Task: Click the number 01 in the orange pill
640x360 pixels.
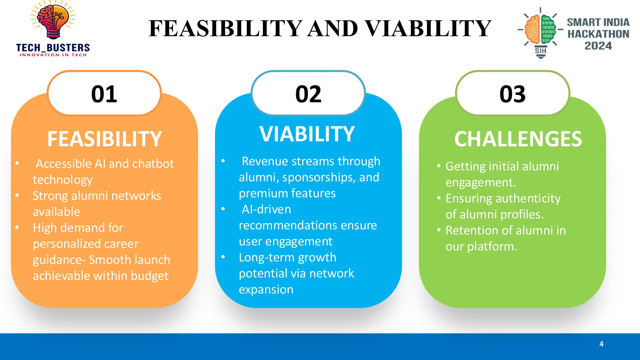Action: click(104, 94)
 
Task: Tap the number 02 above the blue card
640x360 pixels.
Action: click(308, 94)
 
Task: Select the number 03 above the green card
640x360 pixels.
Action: click(512, 94)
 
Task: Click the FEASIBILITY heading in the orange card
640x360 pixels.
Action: click(104, 139)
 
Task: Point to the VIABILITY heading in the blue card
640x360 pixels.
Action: click(307, 134)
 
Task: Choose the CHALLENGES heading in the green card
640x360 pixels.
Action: click(518, 139)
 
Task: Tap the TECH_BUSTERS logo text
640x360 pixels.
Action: click(53, 48)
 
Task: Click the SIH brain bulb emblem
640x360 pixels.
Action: click(540, 31)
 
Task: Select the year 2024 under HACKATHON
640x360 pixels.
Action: click(598, 46)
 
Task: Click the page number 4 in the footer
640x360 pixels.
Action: click(601, 344)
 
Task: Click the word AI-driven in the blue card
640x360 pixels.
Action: click(266, 209)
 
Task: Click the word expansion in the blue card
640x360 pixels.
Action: click(266, 290)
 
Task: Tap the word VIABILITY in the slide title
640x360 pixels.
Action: click(428, 28)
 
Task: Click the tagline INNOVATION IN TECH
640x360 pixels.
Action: click(53, 55)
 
